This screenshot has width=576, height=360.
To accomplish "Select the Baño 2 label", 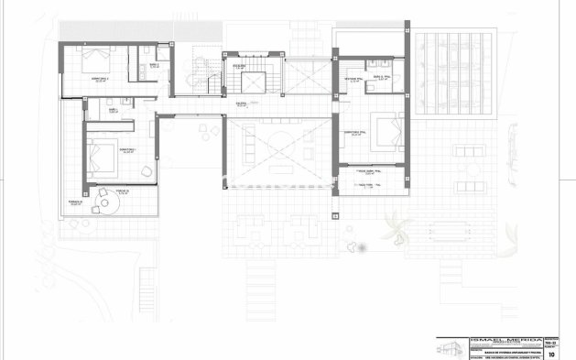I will click(x=155, y=65).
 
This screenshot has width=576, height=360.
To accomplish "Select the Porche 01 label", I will click(x=122, y=191).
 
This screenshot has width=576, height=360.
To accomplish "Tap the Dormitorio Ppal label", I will click(x=357, y=133).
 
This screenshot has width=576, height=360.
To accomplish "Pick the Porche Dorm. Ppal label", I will click(x=370, y=170).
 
